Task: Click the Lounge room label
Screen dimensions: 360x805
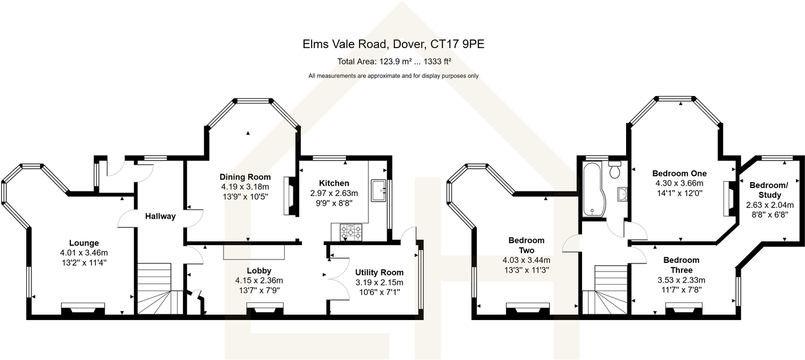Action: point(84,243)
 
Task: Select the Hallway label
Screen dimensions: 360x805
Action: point(160,216)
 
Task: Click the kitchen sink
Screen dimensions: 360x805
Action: point(378,191)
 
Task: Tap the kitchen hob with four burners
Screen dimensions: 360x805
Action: point(351,232)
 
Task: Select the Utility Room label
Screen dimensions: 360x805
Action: point(379,273)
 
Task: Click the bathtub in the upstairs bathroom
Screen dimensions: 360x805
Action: point(592,189)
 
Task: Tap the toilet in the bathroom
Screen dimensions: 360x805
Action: point(615,169)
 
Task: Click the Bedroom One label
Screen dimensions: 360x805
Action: point(679,174)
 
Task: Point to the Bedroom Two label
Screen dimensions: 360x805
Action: point(526,245)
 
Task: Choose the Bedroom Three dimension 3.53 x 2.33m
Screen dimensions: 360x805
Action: point(682,280)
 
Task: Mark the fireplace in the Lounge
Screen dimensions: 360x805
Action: point(83,309)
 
